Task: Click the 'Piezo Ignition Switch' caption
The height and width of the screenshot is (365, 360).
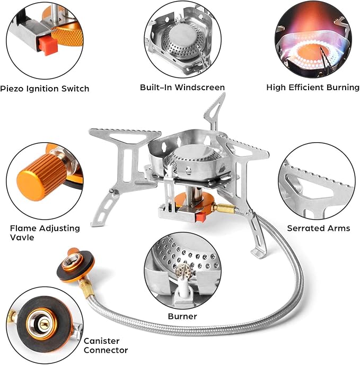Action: (x=45, y=89)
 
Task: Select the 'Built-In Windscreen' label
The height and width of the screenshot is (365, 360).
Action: (x=182, y=87)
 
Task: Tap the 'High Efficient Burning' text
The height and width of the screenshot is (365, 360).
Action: (x=313, y=87)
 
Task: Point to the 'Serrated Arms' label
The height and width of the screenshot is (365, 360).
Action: (x=319, y=228)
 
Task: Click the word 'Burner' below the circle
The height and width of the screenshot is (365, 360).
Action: (x=183, y=316)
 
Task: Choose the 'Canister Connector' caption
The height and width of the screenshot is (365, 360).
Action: (x=106, y=345)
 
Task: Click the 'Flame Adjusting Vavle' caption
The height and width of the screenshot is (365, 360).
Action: (x=45, y=233)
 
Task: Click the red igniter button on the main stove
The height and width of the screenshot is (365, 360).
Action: (x=202, y=218)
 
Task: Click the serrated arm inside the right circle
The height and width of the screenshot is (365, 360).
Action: (x=313, y=183)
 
